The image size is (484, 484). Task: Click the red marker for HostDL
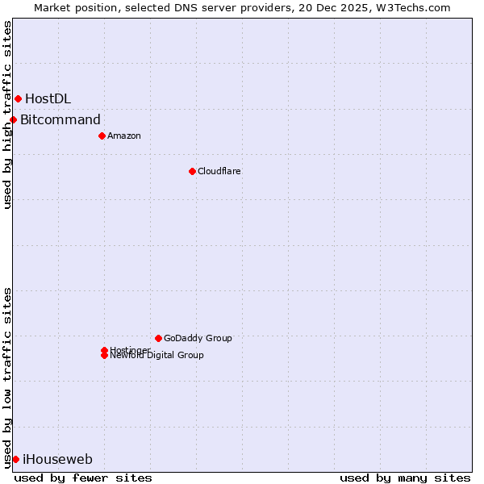point(18,98)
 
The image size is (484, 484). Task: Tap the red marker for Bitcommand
point(13,120)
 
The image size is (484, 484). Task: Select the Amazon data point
point(102,136)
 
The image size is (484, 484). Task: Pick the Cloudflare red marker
point(192,171)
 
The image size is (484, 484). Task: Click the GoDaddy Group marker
point(158,338)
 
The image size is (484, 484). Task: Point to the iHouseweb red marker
point(15,459)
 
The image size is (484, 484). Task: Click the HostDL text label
point(48,98)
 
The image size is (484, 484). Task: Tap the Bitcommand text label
point(60,120)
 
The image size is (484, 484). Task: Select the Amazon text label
point(124,136)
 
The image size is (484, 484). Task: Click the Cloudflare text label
point(219,171)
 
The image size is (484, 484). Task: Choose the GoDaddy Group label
point(198,338)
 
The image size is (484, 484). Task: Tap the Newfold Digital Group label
point(157,356)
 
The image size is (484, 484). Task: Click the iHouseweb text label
point(57,460)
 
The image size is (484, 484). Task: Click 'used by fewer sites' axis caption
point(83,478)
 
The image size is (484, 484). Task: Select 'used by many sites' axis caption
point(405,478)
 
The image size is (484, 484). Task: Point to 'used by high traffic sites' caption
point(8,115)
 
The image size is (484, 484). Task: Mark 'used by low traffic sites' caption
point(8,378)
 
